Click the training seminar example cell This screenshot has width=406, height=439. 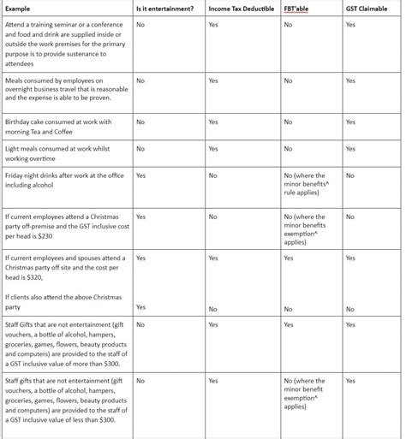tap(65, 44)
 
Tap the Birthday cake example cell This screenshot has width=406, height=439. tap(60, 126)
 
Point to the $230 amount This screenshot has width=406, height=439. tap(51, 236)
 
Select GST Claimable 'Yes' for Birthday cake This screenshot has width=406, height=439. tap(350, 122)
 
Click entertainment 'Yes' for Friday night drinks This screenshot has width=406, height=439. tap(141, 175)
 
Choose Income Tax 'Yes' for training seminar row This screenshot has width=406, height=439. tap(213, 25)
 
